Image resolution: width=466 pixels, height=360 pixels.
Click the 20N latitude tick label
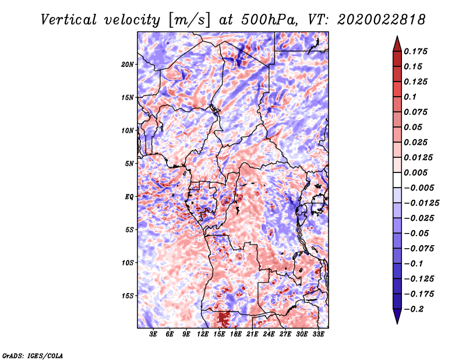point(128,65)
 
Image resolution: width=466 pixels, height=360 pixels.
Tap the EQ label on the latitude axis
point(129,197)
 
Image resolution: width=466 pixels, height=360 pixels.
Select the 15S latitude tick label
point(128,296)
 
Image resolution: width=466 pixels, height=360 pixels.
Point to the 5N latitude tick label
point(129,164)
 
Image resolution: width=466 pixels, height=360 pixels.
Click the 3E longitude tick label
point(153,334)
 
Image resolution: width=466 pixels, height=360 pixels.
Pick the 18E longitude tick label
point(236,334)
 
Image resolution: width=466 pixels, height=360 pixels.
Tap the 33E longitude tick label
point(318,334)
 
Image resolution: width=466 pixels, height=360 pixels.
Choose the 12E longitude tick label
point(203,334)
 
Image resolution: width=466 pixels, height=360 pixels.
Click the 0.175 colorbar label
point(415,51)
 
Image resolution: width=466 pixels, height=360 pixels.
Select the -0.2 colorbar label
point(414,309)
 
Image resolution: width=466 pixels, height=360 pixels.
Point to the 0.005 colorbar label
point(415,172)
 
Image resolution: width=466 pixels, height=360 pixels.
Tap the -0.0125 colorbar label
point(421,203)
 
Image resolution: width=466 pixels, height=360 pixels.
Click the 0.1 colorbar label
point(410,97)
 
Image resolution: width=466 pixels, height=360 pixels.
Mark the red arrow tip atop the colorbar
point(397,36)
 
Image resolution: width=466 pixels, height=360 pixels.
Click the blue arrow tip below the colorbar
point(397,323)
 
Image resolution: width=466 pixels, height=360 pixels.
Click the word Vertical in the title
point(68,20)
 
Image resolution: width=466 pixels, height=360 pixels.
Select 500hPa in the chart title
point(269,20)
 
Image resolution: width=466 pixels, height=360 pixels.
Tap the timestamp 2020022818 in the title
point(382,20)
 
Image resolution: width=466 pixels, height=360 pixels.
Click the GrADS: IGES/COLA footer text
point(33,356)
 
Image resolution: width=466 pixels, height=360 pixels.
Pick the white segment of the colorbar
point(397,180)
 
